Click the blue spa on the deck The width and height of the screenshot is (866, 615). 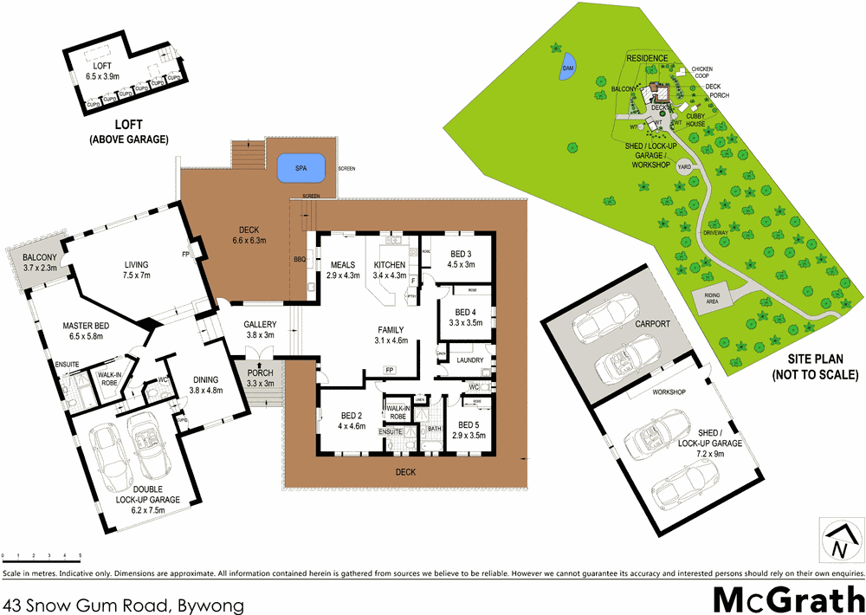tap(301, 168)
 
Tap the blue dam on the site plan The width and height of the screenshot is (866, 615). tap(569, 68)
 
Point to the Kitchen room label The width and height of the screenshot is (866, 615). tap(389, 264)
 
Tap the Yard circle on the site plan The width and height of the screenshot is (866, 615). tap(684, 166)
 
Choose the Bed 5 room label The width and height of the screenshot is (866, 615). tap(469, 430)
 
